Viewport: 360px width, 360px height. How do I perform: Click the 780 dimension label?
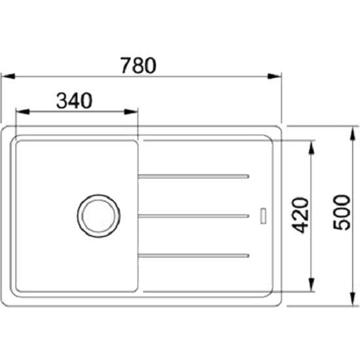coord(139,65)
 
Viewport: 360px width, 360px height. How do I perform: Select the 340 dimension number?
coord(74,101)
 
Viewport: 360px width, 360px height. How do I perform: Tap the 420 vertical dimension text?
coord(300,215)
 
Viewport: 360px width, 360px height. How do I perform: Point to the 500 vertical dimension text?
coord(342,212)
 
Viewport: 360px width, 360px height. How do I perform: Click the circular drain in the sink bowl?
coord(99,216)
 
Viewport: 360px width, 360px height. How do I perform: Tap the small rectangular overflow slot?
coord(263,216)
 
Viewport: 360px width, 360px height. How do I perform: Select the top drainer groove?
coord(194,176)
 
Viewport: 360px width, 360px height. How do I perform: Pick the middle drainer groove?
coord(194,216)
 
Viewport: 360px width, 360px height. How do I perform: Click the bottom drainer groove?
coord(194,255)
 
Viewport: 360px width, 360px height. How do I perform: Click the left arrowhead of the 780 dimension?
coord(9,76)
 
